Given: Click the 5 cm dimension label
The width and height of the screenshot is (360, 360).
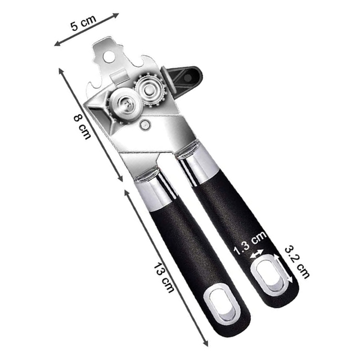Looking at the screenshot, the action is pyautogui.click(x=83, y=22).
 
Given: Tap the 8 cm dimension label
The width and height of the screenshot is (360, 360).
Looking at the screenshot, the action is pyautogui.click(x=82, y=127).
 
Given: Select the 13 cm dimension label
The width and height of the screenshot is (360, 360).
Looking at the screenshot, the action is pyautogui.click(x=164, y=277).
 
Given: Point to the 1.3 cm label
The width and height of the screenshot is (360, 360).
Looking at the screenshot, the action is pyautogui.click(x=250, y=244).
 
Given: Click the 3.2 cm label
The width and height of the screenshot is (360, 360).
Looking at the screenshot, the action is pyautogui.click(x=297, y=262).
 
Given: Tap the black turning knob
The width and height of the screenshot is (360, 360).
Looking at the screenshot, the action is pyautogui.click(x=181, y=79).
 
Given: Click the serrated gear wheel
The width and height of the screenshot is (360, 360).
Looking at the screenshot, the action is pyautogui.click(x=150, y=89).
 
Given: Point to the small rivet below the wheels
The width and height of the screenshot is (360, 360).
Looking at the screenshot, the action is pyautogui.click(x=145, y=125).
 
